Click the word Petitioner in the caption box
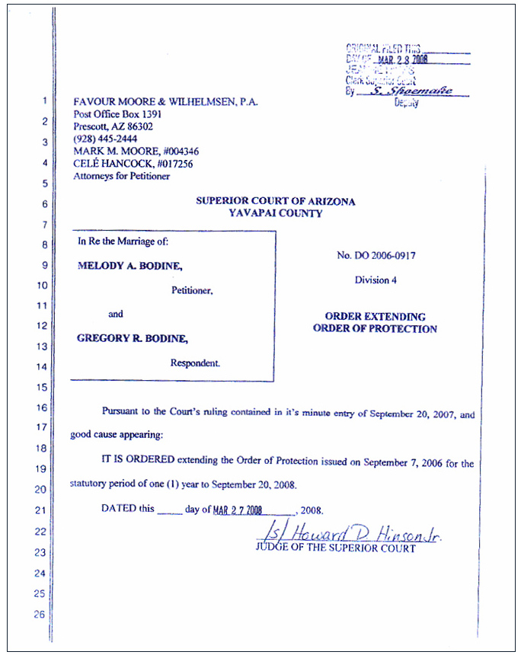tap(192, 290)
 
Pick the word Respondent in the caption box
tap(195, 363)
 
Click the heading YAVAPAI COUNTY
tap(275, 213)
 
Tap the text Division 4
tap(375, 280)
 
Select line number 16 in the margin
tap(42, 407)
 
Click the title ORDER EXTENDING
tap(375, 316)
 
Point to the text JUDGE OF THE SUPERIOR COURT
tap(336, 548)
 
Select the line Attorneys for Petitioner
tap(122, 176)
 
